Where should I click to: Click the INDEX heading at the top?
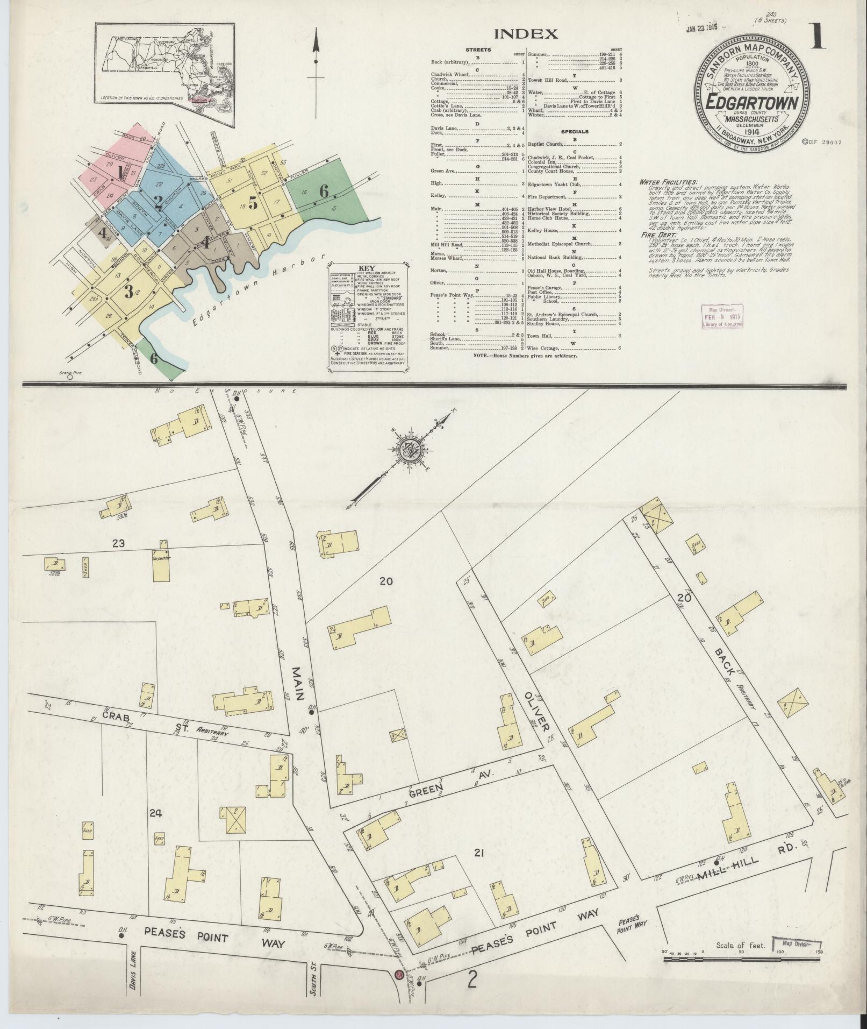coord(526,34)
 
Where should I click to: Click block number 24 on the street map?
coord(155,813)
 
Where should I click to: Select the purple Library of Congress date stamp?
coord(722,316)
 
